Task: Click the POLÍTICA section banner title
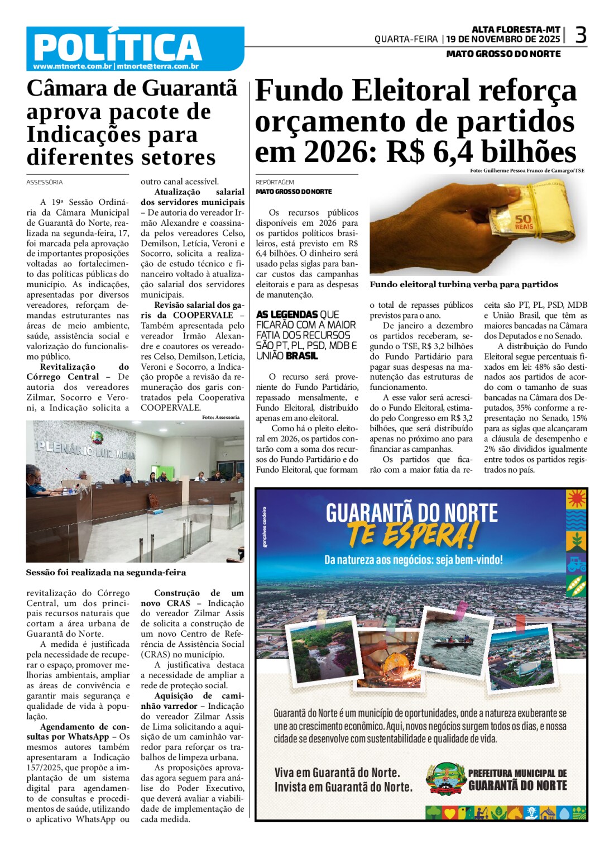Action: pyautogui.click(x=117, y=47)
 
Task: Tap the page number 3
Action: pyautogui.click(x=581, y=36)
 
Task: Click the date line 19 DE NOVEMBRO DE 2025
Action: pyautogui.click(x=503, y=39)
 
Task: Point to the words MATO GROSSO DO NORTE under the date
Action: pyautogui.click(x=503, y=54)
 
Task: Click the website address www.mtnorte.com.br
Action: pyautogui.click(x=73, y=66)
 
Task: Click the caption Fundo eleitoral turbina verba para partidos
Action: pyautogui.click(x=463, y=284)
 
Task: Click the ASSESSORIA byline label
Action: pyautogui.click(x=45, y=183)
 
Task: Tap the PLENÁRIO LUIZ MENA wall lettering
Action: pyautogui.click(x=86, y=449)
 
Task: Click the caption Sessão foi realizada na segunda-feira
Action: pyautogui.click(x=106, y=573)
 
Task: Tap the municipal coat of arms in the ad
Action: pyautogui.click(x=446, y=779)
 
